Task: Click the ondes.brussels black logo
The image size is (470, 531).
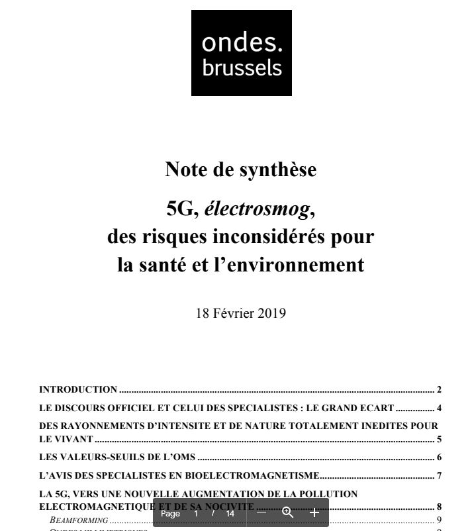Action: pyautogui.click(x=241, y=53)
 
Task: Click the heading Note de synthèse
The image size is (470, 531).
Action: pyautogui.click(x=240, y=169)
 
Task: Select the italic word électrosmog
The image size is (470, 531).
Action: pyautogui.click(x=256, y=209)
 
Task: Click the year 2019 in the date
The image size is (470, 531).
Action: pyautogui.click(x=271, y=313)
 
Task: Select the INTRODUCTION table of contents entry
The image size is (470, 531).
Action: pyautogui.click(x=78, y=389)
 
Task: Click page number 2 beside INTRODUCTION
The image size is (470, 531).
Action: pyautogui.click(x=439, y=389)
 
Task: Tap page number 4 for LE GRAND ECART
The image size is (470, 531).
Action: pyautogui.click(x=439, y=408)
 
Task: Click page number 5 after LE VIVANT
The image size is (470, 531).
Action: pyautogui.click(x=439, y=439)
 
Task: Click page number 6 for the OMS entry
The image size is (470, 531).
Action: pyautogui.click(x=439, y=457)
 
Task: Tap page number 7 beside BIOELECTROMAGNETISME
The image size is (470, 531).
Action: pyautogui.click(x=439, y=475)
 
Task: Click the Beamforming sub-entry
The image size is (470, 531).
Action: pyautogui.click(x=79, y=520)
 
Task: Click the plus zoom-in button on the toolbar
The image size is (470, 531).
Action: pyautogui.click(x=314, y=513)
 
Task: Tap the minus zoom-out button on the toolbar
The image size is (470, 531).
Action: pyautogui.click(x=261, y=513)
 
